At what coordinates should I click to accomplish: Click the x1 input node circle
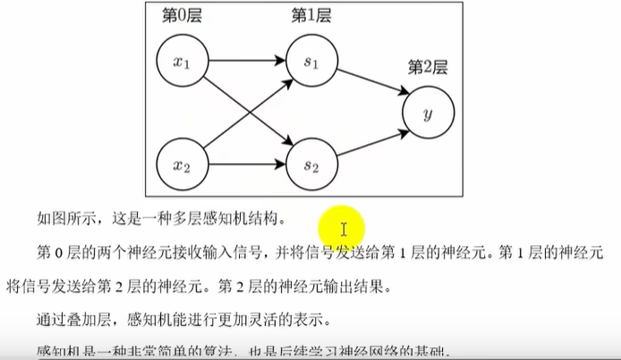(182, 62)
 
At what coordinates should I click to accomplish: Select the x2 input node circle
(182, 165)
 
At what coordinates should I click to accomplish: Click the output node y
(429, 114)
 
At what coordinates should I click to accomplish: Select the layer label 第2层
(428, 67)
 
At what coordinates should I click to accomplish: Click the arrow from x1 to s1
(246, 62)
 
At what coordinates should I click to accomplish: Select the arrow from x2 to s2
(246, 165)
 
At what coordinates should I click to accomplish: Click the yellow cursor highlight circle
(344, 229)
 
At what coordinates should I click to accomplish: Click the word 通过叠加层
(73, 321)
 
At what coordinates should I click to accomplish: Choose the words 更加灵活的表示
(275, 321)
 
